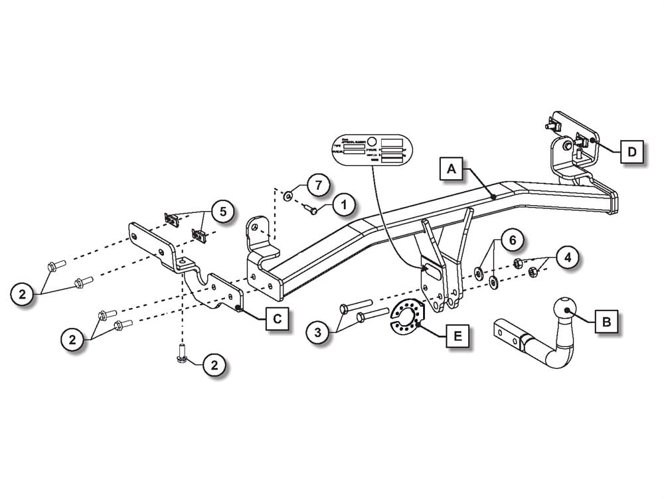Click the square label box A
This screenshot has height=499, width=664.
pos(452,170)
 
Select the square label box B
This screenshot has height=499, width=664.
pos(604,322)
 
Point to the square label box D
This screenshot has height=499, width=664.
pos(631,152)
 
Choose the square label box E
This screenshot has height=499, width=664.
pos(456,336)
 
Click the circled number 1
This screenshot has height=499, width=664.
pos(343,206)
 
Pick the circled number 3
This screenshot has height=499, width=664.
pos(318,331)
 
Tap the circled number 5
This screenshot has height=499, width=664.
pos(222,212)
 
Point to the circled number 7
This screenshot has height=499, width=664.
pos(318,185)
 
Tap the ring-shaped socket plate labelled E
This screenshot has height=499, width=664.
pos(404,317)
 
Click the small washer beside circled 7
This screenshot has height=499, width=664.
pos(288,196)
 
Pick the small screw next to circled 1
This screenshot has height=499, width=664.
pos(311,210)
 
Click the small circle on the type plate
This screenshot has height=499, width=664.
pos(373,141)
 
